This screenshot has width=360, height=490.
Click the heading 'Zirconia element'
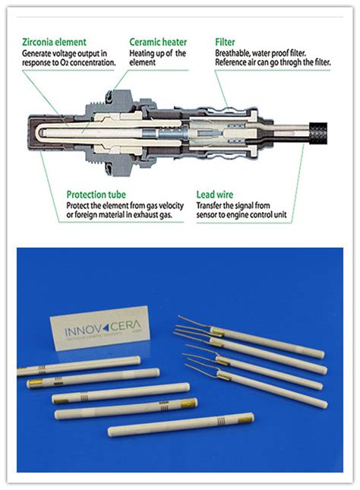pos(54,42)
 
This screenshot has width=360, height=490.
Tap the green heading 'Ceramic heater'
pos(158,42)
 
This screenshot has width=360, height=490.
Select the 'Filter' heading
pos(225,42)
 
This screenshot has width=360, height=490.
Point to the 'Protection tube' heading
pos(96,194)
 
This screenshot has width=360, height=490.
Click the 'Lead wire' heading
pos(215,194)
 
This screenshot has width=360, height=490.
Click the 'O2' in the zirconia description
pos(64,62)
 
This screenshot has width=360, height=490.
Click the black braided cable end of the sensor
pos(318,133)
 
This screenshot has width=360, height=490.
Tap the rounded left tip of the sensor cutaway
pos(30,133)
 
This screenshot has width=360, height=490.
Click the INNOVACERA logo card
pos(100,327)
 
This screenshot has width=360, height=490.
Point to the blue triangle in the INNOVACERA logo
pos(106,327)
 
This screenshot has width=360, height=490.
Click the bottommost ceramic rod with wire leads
pos(256,386)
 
